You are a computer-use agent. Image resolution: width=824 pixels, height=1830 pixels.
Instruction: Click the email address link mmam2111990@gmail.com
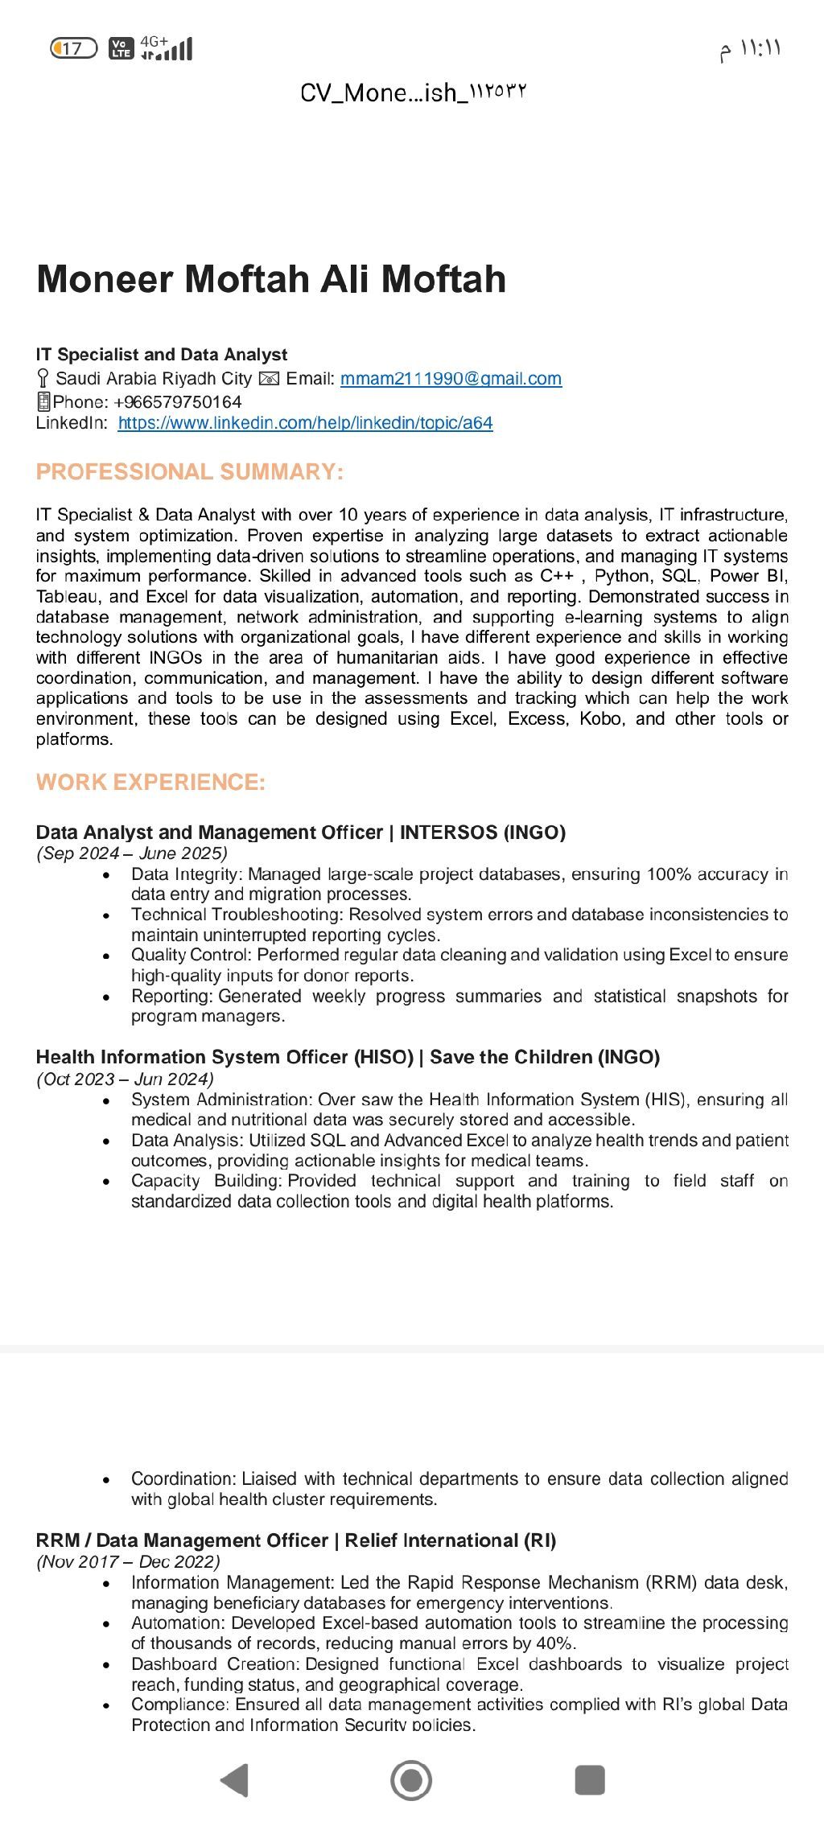point(451,379)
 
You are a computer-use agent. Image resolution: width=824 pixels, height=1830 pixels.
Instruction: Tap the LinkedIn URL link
point(305,423)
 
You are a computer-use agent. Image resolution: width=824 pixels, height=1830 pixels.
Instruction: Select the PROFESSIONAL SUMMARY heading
point(190,471)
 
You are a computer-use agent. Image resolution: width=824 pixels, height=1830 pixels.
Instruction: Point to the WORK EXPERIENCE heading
point(150,782)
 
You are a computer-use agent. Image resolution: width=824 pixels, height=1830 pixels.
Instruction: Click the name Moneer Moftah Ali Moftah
point(271,279)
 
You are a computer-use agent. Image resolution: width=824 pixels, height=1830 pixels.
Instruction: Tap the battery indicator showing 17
point(73,48)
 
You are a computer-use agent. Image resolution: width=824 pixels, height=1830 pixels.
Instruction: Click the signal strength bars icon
point(174,51)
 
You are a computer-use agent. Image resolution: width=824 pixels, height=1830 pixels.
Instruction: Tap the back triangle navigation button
point(234,1779)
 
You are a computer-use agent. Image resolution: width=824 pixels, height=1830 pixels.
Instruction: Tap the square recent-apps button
point(590,1779)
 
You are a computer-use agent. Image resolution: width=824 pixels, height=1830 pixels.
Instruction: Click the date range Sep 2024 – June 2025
point(132,853)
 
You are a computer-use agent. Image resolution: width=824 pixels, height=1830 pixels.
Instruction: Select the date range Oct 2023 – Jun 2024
point(125,1079)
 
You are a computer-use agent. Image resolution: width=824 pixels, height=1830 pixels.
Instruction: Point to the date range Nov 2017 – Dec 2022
point(128,1561)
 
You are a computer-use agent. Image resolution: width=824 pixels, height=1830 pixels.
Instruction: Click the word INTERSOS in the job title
point(448,833)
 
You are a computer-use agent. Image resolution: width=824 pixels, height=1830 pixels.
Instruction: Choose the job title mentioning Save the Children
point(348,1057)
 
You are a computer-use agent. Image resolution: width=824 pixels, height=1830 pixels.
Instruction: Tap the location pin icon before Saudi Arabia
point(43,379)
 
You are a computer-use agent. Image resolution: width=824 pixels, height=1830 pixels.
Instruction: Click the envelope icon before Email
point(269,379)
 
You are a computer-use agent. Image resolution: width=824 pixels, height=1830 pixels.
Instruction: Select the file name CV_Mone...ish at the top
point(413,93)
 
